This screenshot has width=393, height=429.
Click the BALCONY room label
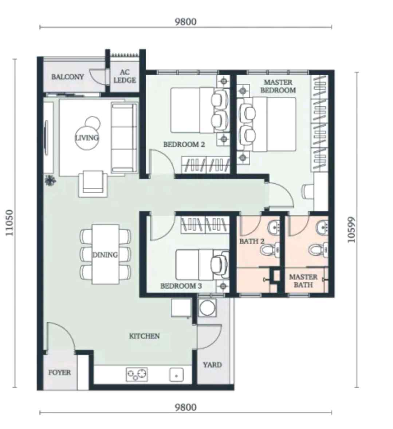pyautogui.click(x=67, y=77)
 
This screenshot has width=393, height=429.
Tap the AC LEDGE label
pyautogui.click(x=125, y=77)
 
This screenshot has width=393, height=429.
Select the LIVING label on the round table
pyautogui.click(x=87, y=138)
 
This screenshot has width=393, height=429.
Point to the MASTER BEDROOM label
pyautogui.click(x=278, y=86)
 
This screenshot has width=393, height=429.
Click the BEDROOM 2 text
pyautogui.click(x=184, y=144)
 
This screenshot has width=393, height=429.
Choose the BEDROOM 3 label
pyautogui.click(x=181, y=286)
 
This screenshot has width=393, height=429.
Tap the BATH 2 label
pyautogui.click(x=252, y=241)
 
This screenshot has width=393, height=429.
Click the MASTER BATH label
pyautogui.click(x=303, y=281)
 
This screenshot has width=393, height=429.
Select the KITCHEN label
pyautogui.click(x=144, y=336)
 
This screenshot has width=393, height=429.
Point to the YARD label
pyautogui.click(x=212, y=365)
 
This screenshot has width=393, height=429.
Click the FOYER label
pyautogui.click(x=59, y=372)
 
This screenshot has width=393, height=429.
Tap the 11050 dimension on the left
pyautogui.click(x=10, y=223)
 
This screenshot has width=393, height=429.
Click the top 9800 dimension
pyautogui.click(x=185, y=22)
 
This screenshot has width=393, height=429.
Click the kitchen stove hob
pyautogui.click(x=137, y=374)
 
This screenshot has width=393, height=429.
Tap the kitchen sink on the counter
pyautogui.click(x=177, y=375)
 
